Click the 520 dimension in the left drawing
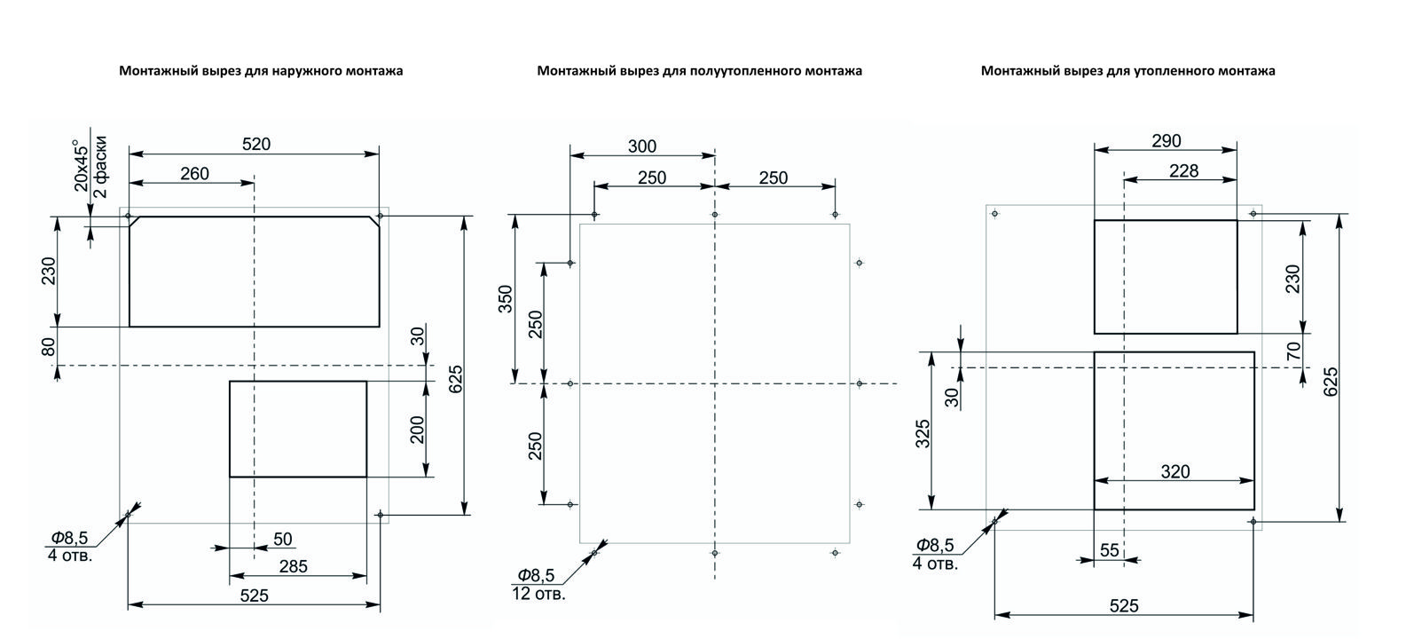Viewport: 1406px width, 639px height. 256,145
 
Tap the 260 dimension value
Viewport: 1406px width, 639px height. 194,174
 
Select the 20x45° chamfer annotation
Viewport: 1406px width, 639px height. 82,164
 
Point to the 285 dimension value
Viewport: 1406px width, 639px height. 293,567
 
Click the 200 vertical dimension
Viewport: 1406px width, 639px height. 418,430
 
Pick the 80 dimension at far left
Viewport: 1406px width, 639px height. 49,346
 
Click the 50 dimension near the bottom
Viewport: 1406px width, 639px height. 282,540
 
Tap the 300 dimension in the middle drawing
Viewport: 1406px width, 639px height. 642,147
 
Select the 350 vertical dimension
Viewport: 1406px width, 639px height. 506,299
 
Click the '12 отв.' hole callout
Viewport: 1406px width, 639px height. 538,594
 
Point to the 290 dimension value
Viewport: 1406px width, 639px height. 1166,141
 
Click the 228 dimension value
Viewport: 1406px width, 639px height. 1184,170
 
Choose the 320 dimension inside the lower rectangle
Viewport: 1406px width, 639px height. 1175,471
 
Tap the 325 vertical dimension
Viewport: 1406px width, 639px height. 923,434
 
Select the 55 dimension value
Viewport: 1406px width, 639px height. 1110,550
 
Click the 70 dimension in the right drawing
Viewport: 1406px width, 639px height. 1293,351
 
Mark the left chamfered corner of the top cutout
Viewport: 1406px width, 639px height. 134,222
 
